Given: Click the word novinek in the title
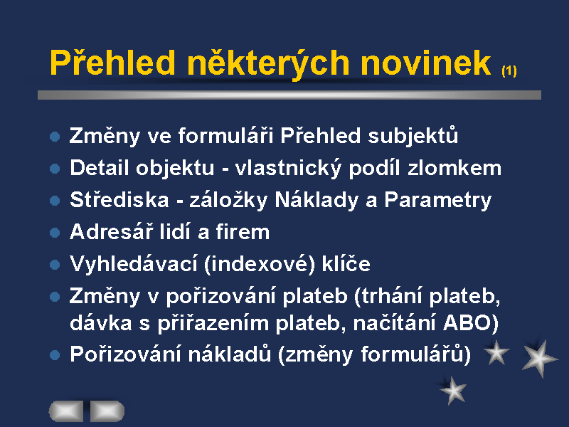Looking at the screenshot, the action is (426, 63).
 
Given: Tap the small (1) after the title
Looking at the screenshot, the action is (509, 70).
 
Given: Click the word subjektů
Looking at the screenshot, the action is (413, 136).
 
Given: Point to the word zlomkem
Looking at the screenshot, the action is (454, 168).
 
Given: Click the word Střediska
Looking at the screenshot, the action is (119, 199).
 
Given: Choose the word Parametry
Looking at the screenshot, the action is (437, 201).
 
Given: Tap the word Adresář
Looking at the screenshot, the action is (111, 231).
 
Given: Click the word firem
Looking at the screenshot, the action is (243, 232).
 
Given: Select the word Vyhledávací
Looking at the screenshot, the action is (134, 263).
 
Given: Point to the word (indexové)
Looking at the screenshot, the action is (260, 264).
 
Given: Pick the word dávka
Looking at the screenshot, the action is (100, 323).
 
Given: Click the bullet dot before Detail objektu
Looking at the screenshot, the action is (55, 168).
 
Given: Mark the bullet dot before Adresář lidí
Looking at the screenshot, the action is (55, 233).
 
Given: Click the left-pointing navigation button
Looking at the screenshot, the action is (66, 411).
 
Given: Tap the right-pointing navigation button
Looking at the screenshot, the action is (107, 411).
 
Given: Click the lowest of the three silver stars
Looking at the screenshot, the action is (453, 391).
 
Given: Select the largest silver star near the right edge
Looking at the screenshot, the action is (540, 359).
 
